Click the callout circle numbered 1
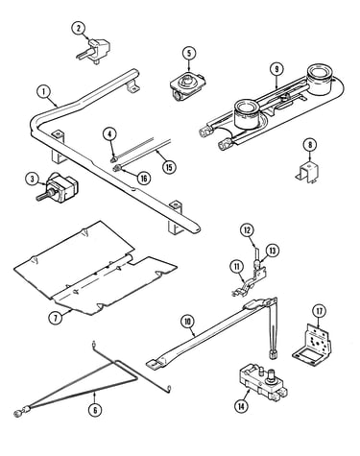coord(44,92)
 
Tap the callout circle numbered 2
coord(79,28)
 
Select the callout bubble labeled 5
coord(189,54)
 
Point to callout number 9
coord(276,69)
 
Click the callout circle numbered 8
coord(310,145)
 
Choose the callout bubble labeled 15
coord(169,167)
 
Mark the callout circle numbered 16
coord(144,179)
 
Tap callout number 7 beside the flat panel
coord(56,318)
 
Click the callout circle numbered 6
coord(95,410)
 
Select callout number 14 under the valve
coord(241,406)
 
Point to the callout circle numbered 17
coord(320,311)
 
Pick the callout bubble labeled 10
coord(188,322)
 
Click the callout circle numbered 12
coord(247,230)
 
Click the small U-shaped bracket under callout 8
coord(307,173)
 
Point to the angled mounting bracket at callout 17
coord(312,345)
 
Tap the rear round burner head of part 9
coord(318,80)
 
